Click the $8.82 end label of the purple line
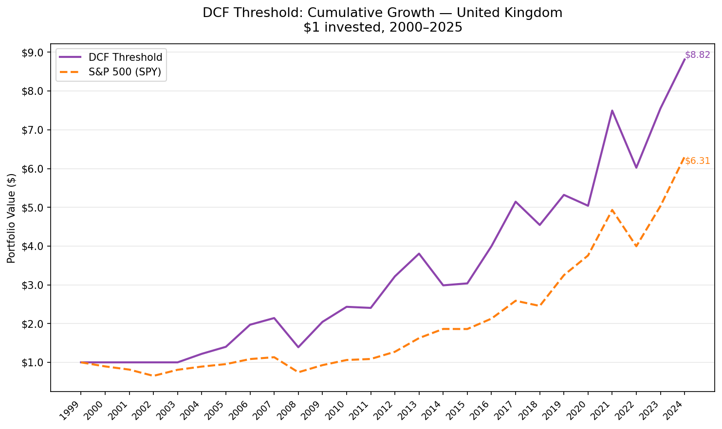click(697, 55)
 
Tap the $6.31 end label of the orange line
click(697, 161)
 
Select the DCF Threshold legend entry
click(125, 57)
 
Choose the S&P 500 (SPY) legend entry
click(125, 72)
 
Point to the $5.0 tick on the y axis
click(33, 207)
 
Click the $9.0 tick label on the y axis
click(33, 53)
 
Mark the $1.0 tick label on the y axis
click(33, 362)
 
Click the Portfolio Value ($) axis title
click(12, 218)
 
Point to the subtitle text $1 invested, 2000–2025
click(383, 28)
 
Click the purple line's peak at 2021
click(612, 110)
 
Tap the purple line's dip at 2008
click(298, 347)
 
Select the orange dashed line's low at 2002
click(153, 375)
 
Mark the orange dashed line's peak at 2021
click(612, 210)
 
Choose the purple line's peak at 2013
click(419, 253)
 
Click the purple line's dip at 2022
click(636, 168)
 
